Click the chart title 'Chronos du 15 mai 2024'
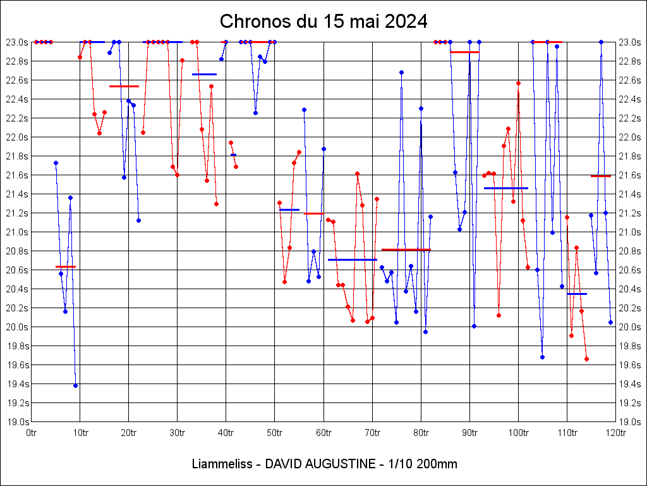[x=323, y=21]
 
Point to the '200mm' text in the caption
[x=434, y=464]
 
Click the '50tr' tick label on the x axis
[x=274, y=433]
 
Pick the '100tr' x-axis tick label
[x=518, y=433]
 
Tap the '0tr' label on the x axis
[x=32, y=433]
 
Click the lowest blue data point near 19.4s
[x=75, y=385]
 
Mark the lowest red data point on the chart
[x=586, y=359]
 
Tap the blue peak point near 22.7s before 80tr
[x=401, y=72]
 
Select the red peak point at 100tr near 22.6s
[x=518, y=83]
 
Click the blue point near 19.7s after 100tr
[x=542, y=357]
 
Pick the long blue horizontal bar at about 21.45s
[x=505, y=188]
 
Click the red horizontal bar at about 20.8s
[x=406, y=250]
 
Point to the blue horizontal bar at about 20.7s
[x=352, y=259]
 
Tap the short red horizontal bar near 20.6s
[x=65, y=267]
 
